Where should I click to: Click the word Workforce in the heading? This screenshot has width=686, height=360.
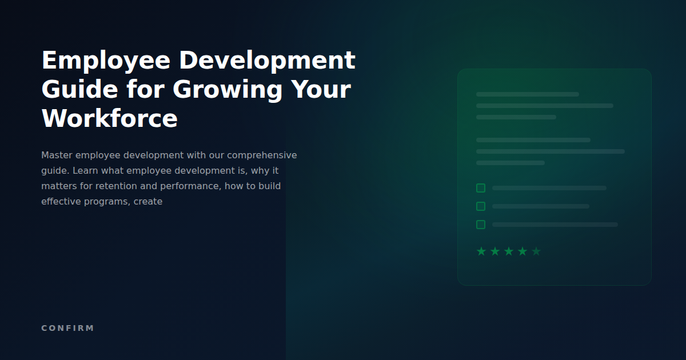pos(110,119)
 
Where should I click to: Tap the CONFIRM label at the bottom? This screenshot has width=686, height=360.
pos(67,328)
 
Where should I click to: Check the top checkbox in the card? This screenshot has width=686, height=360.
pos(481,188)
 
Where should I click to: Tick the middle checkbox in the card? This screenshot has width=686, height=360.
pos(481,206)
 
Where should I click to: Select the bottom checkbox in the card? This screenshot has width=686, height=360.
pos(481,225)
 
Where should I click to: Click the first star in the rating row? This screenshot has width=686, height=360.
pos(481,251)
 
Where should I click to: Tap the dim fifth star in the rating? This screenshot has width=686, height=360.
pos(536,251)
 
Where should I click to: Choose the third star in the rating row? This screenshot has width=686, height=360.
pos(509,251)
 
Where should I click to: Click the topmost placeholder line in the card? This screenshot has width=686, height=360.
pos(527,94)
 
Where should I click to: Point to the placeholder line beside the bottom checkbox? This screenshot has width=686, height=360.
pos(555,225)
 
